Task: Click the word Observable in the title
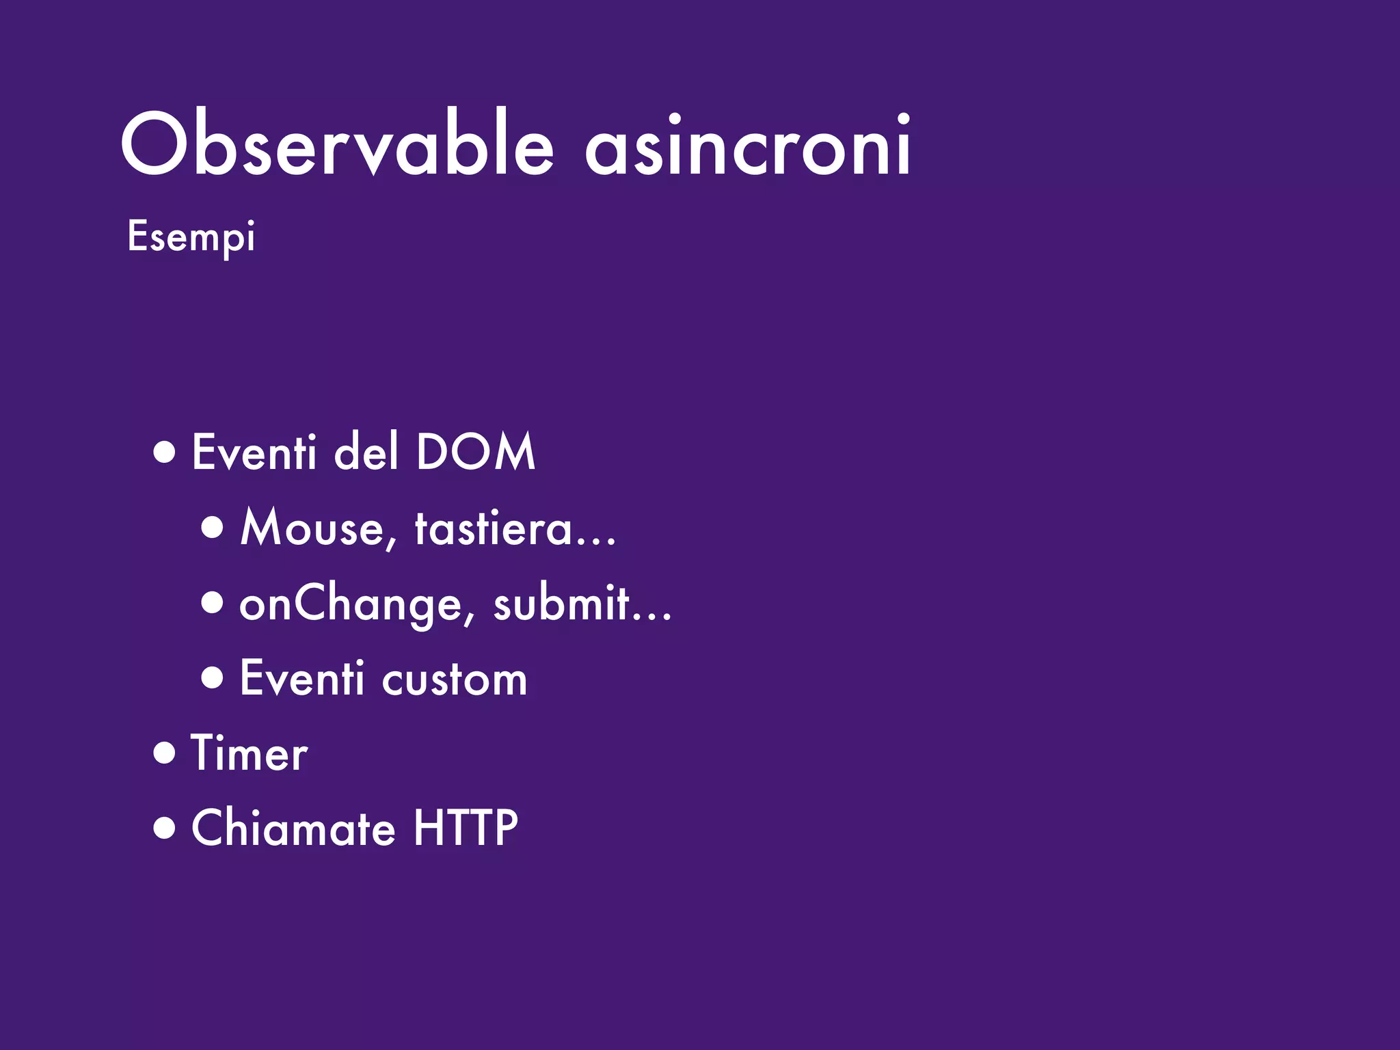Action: click(x=336, y=144)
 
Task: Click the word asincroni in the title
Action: click(x=748, y=146)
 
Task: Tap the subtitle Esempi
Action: click(x=191, y=237)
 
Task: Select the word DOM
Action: click(x=475, y=452)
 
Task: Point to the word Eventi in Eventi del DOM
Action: click(x=254, y=452)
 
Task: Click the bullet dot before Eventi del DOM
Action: click(x=165, y=453)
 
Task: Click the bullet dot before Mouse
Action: click(x=213, y=528)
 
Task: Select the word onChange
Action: click(x=350, y=604)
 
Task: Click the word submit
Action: click(x=561, y=603)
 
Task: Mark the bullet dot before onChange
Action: click(x=213, y=603)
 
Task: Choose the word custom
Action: click(x=455, y=679)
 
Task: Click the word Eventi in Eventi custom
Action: click(x=301, y=678)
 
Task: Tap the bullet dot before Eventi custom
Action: click(x=213, y=678)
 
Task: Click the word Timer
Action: click(x=250, y=753)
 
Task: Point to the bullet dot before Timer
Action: click(x=165, y=753)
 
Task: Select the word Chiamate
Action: click(x=293, y=829)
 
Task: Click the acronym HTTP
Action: click(x=466, y=829)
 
